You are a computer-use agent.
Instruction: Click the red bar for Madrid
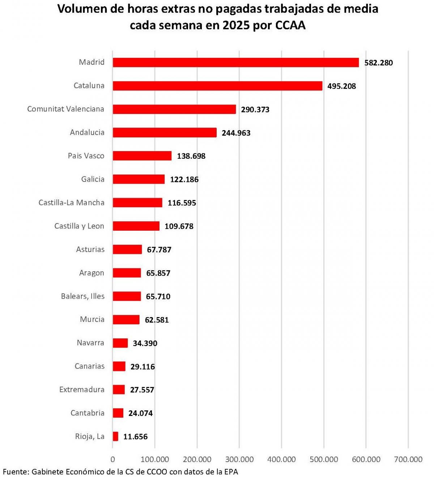(235, 63)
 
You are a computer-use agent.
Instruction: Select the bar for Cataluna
(217, 86)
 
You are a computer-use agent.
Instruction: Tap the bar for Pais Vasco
(142, 156)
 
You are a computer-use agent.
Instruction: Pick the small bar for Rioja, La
(115, 436)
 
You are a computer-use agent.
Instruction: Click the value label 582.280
(378, 63)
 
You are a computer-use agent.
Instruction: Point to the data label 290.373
(255, 110)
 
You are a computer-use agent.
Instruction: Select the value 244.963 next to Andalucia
(236, 133)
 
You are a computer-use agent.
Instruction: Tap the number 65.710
(158, 297)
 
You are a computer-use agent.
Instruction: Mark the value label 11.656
(135, 437)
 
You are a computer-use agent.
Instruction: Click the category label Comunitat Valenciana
(65, 109)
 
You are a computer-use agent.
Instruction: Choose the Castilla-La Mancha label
(71, 202)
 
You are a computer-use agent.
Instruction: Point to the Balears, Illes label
(82, 296)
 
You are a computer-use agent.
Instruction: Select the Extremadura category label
(82, 390)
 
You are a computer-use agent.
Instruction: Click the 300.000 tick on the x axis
(239, 460)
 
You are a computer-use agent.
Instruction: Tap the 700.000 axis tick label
(408, 460)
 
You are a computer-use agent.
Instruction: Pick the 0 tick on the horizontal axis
(113, 460)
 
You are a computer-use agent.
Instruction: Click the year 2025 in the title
(236, 25)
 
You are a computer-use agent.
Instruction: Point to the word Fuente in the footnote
(16, 472)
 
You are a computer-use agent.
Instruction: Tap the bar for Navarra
(120, 343)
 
